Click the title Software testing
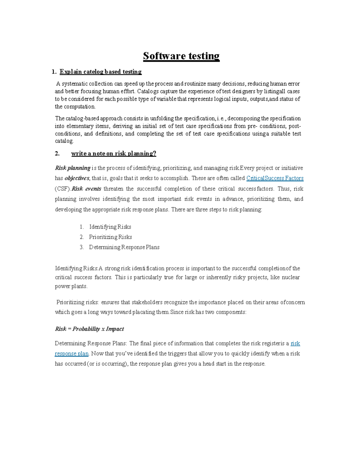pyautogui.click(x=181, y=56)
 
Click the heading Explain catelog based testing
pyautogui.click(x=100, y=72)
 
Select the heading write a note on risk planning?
pyautogui.click(x=114, y=154)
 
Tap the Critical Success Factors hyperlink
pyautogui.click(x=275, y=178)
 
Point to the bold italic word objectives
pyautogui.click(x=77, y=178)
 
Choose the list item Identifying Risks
pyautogui.click(x=110, y=227)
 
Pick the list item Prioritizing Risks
pyautogui.click(x=110, y=237)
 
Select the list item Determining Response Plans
pyautogui.click(x=124, y=247)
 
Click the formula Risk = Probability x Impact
pyautogui.click(x=89, y=329)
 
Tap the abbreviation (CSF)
pyautogui.click(x=62, y=189)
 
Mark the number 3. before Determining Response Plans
pyautogui.click(x=82, y=247)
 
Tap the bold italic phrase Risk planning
pyautogui.click(x=73, y=168)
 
